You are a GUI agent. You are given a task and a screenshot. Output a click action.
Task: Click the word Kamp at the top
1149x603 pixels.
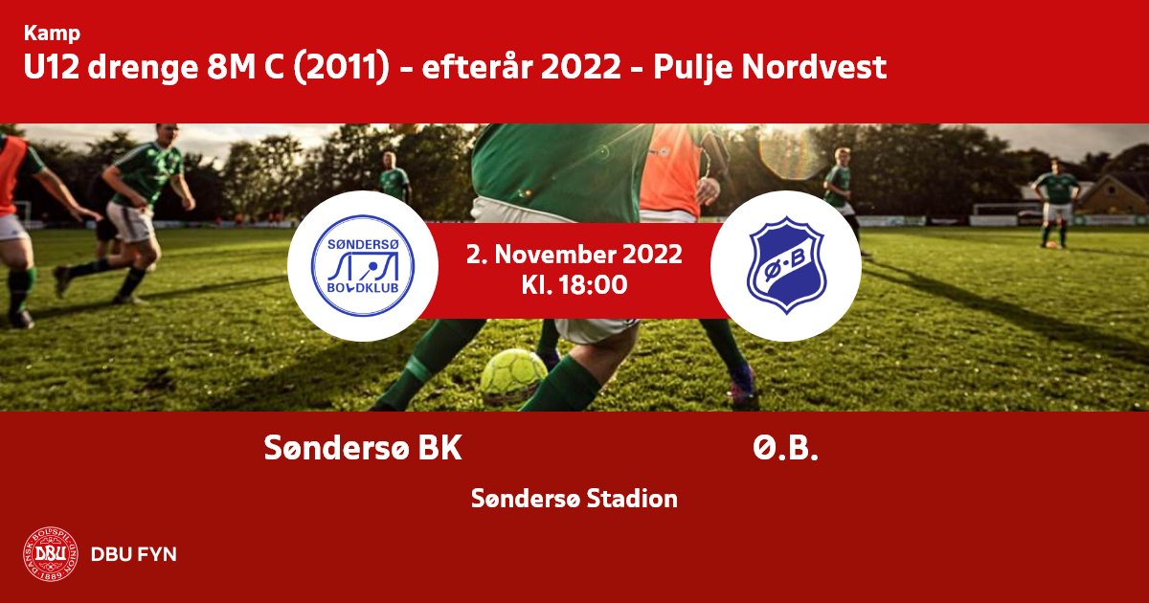coord(52,33)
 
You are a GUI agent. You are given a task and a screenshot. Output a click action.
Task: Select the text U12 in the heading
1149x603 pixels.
coord(52,67)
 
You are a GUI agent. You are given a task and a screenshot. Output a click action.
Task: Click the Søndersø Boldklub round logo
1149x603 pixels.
coord(363,266)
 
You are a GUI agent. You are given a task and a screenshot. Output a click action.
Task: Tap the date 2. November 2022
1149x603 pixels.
coord(574,255)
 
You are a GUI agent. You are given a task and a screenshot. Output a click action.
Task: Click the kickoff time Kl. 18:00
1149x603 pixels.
coord(574,285)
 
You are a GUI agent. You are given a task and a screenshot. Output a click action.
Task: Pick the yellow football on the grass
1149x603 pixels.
coord(513,376)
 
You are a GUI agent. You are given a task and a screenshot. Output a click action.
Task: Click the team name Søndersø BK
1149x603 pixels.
coord(363,448)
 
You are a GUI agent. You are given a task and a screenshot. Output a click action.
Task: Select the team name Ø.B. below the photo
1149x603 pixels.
coord(785,448)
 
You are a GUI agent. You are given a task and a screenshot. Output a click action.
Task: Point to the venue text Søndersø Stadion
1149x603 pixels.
coord(574,499)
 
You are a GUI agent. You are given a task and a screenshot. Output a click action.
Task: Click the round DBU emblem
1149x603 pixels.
coord(51,554)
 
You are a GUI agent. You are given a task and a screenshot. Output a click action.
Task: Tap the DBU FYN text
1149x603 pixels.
coord(134,554)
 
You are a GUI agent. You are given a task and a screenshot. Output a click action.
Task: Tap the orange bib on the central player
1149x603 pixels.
coord(669,169)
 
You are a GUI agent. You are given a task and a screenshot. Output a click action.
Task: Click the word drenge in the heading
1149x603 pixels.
coord(143,68)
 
